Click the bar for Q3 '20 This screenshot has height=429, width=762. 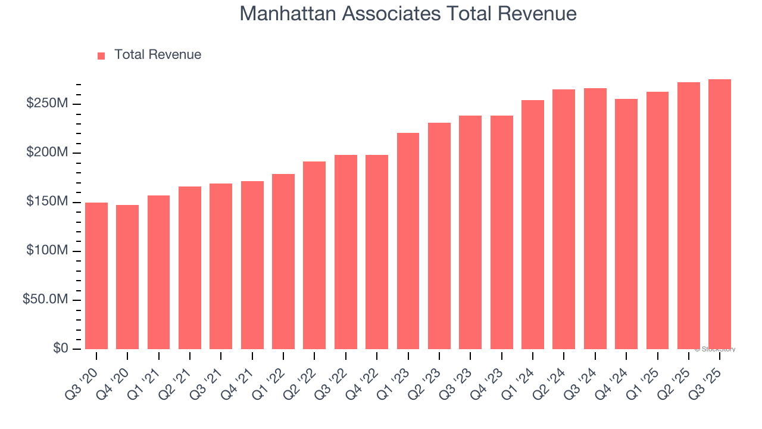[x=96, y=276]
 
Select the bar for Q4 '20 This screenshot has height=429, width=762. [x=127, y=277]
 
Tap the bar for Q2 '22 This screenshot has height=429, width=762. [x=314, y=255]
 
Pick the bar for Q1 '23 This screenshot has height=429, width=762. [x=408, y=241]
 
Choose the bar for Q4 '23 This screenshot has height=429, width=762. [x=501, y=232]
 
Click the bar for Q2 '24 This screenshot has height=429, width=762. [x=564, y=219]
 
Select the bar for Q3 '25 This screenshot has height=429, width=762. [x=720, y=214]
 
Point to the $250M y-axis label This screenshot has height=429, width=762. [x=46, y=104]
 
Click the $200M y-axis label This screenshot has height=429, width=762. [x=46, y=153]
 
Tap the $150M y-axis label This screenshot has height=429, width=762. [x=46, y=202]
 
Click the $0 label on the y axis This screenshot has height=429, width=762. [x=60, y=349]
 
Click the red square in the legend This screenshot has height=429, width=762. [x=101, y=55]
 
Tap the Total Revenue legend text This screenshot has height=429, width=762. [x=158, y=55]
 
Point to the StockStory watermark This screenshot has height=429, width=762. [x=715, y=349]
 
